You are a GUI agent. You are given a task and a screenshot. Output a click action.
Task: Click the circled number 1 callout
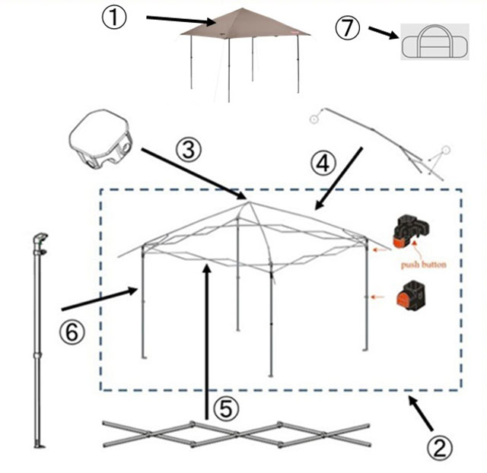click(114, 18)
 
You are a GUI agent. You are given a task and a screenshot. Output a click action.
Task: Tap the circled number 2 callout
click(440, 448)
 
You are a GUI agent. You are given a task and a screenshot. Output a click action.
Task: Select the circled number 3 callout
click(189, 150)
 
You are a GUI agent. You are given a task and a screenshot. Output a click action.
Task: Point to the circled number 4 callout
click(323, 163)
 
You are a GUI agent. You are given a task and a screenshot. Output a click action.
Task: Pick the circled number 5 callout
click(226, 408)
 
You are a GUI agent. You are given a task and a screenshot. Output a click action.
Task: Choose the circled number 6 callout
click(72, 332)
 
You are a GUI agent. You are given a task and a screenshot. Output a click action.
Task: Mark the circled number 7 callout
click(348, 27)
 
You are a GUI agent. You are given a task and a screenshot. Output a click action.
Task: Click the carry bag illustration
click(434, 42)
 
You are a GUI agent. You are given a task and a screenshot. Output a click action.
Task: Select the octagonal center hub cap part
click(100, 139)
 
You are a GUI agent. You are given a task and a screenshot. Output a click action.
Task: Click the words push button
click(423, 265)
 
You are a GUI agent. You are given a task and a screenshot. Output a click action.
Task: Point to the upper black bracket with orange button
click(411, 231)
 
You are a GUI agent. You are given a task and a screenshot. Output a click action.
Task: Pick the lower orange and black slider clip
click(411, 294)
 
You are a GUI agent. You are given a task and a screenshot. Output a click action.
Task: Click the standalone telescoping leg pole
click(38, 341)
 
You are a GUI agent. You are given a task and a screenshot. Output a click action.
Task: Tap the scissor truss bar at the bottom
click(237, 434)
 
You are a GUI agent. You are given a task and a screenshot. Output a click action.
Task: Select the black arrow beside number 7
click(384, 33)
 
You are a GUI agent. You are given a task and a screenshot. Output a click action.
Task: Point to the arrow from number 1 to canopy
click(181, 20)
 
